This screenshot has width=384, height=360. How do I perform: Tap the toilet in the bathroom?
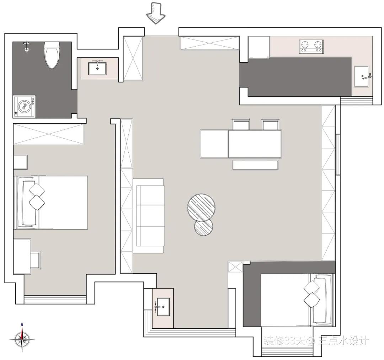(x=52, y=55)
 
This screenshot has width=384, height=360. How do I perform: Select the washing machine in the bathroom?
(x=24, y=107)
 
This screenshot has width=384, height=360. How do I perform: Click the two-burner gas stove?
(x=311, y=47)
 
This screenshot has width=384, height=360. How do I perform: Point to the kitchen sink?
(x=362, y=77)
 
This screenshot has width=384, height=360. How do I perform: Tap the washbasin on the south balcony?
(x=163, y=307)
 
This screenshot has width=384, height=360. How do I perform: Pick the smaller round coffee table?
(x=203, y=227)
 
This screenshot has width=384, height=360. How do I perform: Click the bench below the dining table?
(x=255, y=165)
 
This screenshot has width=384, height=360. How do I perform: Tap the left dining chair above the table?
(x=241, y=124)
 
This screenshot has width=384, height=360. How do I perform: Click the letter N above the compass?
(x=22, y=325)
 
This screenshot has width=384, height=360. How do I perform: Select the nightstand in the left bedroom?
(x=20, y=162)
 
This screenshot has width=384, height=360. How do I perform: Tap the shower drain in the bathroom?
(x=26, y=49)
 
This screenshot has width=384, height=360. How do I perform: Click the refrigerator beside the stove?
(x=259, y=48)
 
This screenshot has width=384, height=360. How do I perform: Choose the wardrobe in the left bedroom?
(x=49, y=134)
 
